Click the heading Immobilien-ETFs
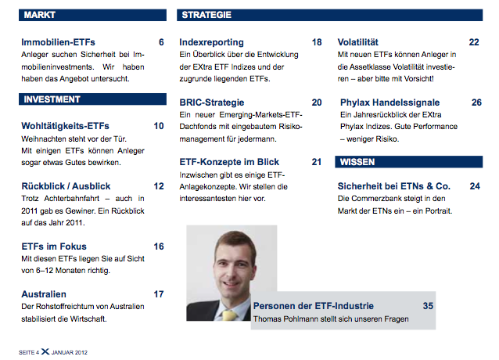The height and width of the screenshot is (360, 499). [x=58, y=42]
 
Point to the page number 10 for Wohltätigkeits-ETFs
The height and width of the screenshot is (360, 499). [x=159, y=126]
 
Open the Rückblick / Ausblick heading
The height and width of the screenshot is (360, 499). [x=66, y=186]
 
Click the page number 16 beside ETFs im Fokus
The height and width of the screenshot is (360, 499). [x=159, y=247]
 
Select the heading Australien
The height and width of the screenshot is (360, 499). [x=44, y=294]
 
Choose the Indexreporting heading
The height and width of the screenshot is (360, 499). [x=212, y=42]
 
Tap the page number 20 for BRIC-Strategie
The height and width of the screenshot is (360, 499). [x=317, y=103]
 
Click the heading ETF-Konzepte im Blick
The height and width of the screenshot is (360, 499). [x=229, y=162]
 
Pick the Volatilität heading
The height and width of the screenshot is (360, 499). [x=358, y=42]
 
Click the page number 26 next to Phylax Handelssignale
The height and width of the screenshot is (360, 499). [x=476, y=103]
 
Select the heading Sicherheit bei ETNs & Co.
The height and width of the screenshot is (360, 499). [x=394, y=186]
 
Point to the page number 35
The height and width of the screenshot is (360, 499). [x=428, y=306]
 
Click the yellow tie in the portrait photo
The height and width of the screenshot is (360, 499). [x=230, y=315]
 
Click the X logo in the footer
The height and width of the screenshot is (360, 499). [x=45, y=351]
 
